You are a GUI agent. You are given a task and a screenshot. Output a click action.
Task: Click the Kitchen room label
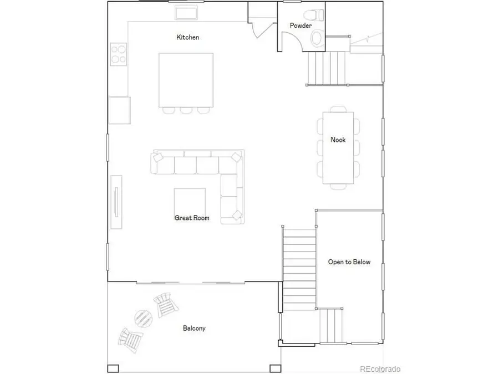point(187,38)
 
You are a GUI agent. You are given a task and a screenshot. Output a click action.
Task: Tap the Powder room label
point(301,25)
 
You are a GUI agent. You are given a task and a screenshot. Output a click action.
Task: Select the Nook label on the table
point(338,140)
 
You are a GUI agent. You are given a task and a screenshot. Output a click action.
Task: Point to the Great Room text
point(192,218)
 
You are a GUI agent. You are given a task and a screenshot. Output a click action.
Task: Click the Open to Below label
point(349,262)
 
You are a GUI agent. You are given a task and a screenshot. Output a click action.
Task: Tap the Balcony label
point(194,329)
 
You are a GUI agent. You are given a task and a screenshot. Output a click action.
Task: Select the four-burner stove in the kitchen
point(119,54)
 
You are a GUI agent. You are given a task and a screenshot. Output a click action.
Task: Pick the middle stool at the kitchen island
point(185,110)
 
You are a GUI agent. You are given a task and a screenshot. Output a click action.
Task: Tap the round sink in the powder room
point(317,38)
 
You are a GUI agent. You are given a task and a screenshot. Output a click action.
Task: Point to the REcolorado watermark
point(380,368)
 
